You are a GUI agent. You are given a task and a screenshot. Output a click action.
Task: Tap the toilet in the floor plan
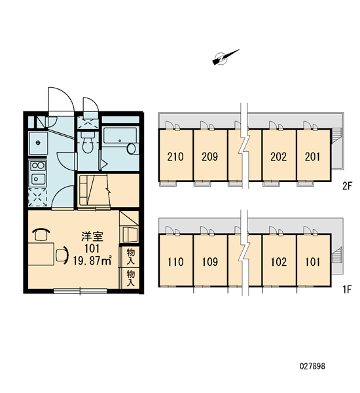click(88, 142)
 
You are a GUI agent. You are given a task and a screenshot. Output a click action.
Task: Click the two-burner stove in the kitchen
click(38, 166)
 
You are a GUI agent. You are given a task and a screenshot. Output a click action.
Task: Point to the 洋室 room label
click(92, 236)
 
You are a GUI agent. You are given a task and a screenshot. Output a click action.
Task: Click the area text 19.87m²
click(92, 261)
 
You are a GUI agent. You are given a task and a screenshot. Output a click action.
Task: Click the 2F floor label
click(347, 186)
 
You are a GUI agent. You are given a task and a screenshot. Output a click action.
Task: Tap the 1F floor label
click(348, 290)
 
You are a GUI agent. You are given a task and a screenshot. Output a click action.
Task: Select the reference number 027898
click(312, 366)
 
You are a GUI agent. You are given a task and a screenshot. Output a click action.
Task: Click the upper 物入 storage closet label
click(130, 256)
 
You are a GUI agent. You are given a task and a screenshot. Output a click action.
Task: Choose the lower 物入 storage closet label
click(130, 278)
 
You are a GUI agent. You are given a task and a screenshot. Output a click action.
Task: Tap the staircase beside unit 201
click(336, 136)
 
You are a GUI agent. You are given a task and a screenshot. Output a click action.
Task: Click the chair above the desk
click(41, 235)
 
